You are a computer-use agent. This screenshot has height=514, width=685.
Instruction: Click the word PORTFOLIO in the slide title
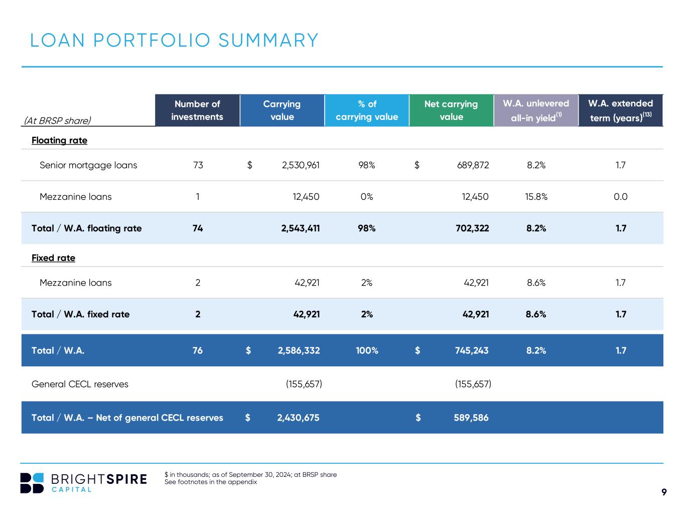(x=152, y=40)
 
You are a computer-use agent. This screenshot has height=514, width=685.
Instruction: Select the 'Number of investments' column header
(x=197, y=110)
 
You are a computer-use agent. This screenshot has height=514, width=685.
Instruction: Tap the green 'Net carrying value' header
(x=451, y=110)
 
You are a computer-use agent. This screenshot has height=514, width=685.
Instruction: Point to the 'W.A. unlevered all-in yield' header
(x=536, y=110)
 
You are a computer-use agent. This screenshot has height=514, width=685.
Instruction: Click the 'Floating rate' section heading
(x=59, y=141)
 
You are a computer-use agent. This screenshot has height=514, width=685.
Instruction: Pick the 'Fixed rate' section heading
(x=53, y=258)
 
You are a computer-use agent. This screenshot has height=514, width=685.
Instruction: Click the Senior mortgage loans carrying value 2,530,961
(x=301, y=165)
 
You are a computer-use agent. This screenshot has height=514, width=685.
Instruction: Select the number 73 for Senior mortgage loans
(x=198, y=165)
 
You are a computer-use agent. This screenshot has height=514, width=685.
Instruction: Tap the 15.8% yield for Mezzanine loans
(x=536, y=197)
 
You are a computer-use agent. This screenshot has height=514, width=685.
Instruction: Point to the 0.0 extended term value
(x=620, y=197)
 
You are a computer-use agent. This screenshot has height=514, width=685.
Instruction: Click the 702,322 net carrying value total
(x=472, y=228)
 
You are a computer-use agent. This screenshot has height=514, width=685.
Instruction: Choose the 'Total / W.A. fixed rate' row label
(x=80, y=314)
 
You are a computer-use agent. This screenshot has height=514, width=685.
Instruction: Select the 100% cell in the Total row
(x=367, y=350)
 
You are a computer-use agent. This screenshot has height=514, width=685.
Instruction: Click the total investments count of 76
(x=198, y=350)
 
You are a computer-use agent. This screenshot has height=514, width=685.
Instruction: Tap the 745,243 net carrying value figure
(x=472, y=350)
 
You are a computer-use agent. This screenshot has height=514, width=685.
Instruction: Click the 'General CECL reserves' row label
(x=80, y=384)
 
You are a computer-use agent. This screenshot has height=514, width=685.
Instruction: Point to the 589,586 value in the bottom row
(x=471, y=418)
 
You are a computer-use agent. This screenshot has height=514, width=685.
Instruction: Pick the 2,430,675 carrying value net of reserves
(x=299, y=418)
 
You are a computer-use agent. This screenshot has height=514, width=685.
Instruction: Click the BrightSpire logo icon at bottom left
(x=32, y=483)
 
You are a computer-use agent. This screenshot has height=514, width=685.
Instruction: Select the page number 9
(x=664, y=492)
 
